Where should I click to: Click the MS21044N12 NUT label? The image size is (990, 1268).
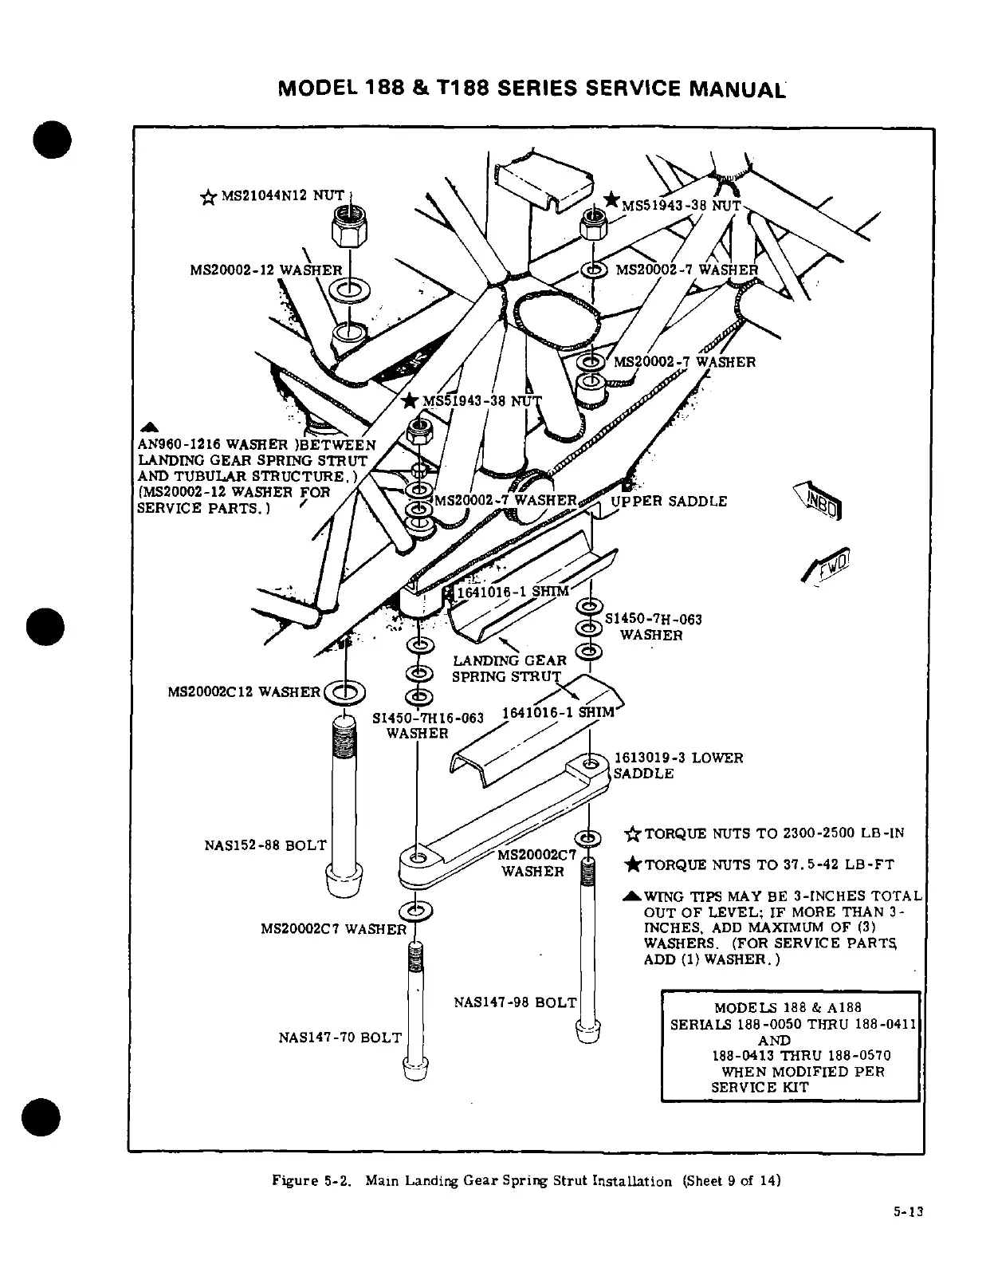(279, 195)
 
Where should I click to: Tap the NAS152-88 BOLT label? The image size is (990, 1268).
(265, 845)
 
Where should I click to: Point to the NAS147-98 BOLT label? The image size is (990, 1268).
(514, 1002)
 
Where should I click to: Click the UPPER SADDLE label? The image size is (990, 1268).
(669, 502)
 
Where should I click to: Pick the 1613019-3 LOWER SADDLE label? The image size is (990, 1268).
(678, 766)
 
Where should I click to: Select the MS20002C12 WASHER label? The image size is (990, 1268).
(244, 691)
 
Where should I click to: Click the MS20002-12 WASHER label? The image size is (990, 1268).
(265, 270)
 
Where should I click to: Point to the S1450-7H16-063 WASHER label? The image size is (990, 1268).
(428, 725)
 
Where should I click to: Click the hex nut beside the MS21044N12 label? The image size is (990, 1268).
(349, 230)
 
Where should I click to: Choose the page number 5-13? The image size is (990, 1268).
(907, 1235)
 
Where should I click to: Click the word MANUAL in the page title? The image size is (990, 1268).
(737, 87)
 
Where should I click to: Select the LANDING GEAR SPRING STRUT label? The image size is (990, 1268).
(509, 668)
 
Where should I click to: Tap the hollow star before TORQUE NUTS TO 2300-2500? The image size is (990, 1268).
(633, 835)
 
